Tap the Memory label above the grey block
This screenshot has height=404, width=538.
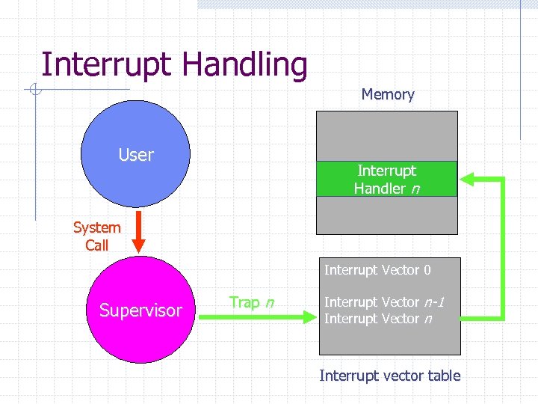pyautogui.click(x=387, y=94)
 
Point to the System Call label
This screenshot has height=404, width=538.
pyautogui.click(x=96, y=236)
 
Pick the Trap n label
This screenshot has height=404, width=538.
pyautogui.click(x=251, y=302)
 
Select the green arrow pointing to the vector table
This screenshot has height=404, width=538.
pyautogui.click(x=261, y=318)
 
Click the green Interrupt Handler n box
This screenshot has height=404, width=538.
pyautogui.click(x=386, y=180)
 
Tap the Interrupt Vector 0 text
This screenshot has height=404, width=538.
pyautogui.click(x=377, y=270)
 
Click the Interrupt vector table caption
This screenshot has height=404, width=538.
pyautogui.click(x=389, y=376)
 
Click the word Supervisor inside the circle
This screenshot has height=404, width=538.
pyautogui.click(x=140, y=310)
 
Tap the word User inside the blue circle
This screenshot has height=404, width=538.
pyautogui.click(x=135, y=155)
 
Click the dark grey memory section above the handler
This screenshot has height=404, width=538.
pyautogui.click(x=386, y=135)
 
